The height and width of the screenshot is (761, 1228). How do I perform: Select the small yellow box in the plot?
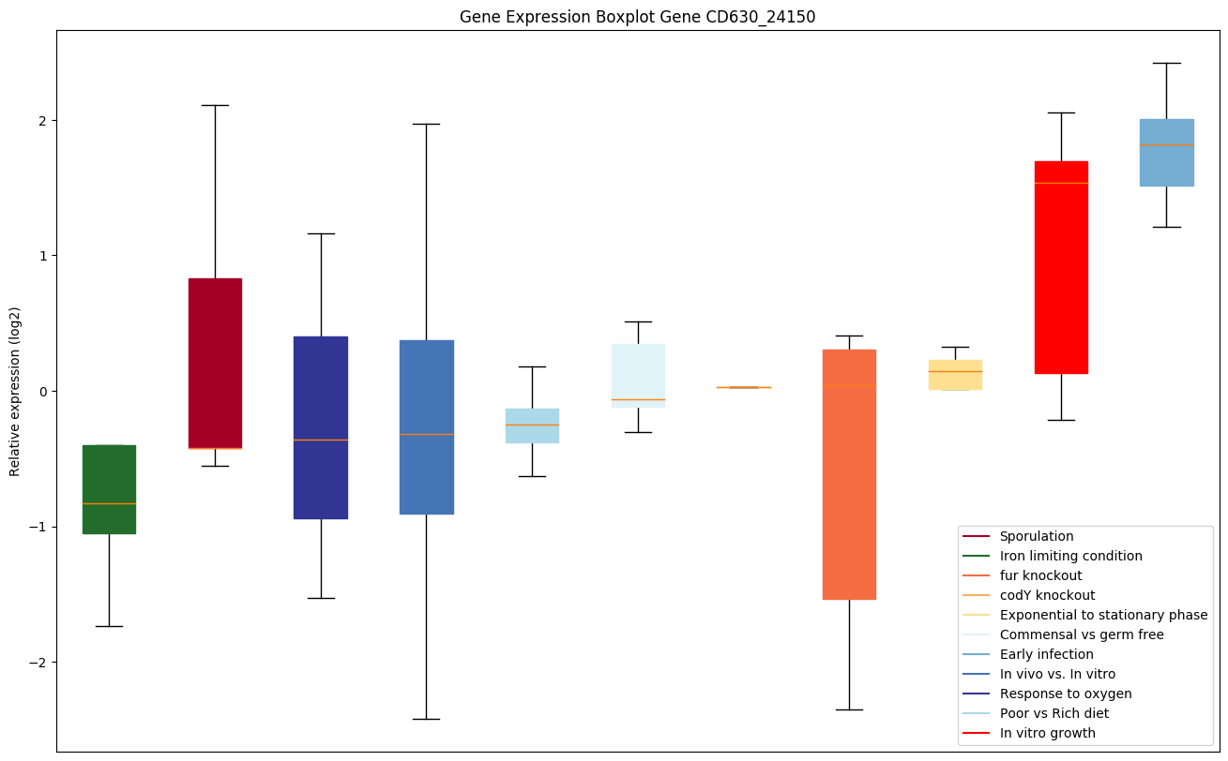pyautogui.click(x=955, y=375)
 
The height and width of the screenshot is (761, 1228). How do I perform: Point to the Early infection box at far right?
pyautogui.click(x=1166, y=153)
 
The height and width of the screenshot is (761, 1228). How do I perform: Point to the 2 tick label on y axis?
pyautogui.click(x=43, y=121)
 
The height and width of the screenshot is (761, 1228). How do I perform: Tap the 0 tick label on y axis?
pyautogui.click(x=43, y=392)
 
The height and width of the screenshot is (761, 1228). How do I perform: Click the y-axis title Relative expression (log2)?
pyautogui.click(x=15, y=392)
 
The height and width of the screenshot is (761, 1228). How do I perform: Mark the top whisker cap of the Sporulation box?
pyautogui.click(x=215, y=106)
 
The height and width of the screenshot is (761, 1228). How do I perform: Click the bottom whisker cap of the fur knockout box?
pyautogui.click(x=849, y=710)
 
